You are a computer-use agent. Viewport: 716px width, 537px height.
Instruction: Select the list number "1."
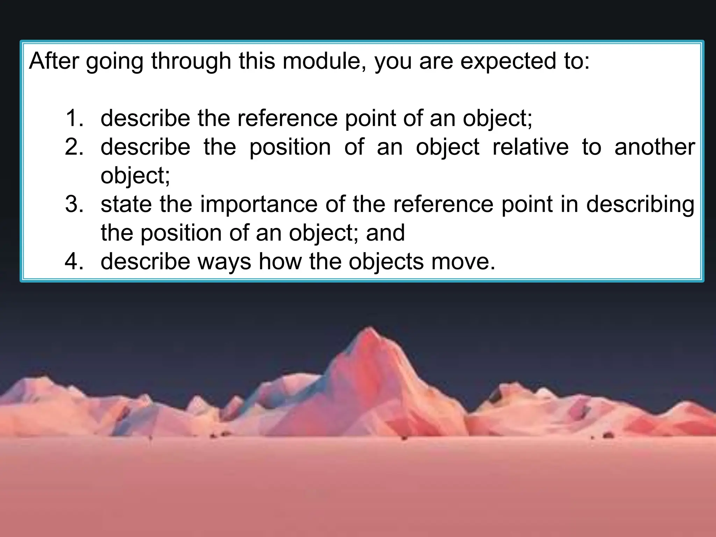[74, 118]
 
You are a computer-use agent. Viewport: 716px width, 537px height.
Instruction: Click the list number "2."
[74, 147]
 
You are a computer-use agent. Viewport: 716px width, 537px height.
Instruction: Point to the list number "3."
[74, 204]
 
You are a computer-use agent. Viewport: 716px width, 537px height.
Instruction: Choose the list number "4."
[74, 262]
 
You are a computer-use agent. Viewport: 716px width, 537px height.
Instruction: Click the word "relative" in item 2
[530, 147]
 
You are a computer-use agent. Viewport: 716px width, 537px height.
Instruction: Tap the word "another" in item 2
[654, 147]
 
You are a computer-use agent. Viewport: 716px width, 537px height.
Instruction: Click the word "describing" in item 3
[640, 205]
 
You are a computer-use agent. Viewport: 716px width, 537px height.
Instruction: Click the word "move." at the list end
[463, 262]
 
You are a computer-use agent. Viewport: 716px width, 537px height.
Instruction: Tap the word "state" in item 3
[126, 204]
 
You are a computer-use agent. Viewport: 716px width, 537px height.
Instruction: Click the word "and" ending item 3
[385, 233]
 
